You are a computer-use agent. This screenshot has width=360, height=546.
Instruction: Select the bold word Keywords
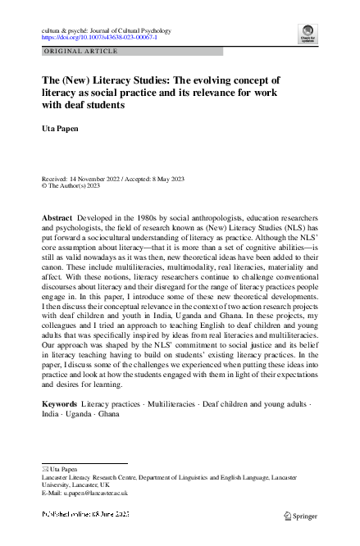[59, 405]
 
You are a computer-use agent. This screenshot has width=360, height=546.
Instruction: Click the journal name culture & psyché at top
[66, 30]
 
